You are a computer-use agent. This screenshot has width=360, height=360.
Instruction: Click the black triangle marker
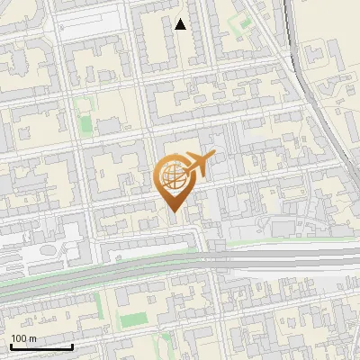181,25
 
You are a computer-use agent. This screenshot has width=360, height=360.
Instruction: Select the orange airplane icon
197,164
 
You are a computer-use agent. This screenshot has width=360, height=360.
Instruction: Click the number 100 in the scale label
19,338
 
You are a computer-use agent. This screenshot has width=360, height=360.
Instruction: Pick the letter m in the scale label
32,338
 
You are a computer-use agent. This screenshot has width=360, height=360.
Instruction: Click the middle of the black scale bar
41,346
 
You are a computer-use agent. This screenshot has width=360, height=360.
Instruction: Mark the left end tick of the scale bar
11,346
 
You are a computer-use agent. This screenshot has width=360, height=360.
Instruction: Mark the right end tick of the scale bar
72,346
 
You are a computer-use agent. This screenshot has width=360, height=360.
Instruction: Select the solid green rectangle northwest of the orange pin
85,122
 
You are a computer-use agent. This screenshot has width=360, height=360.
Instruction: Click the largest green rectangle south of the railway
132,319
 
